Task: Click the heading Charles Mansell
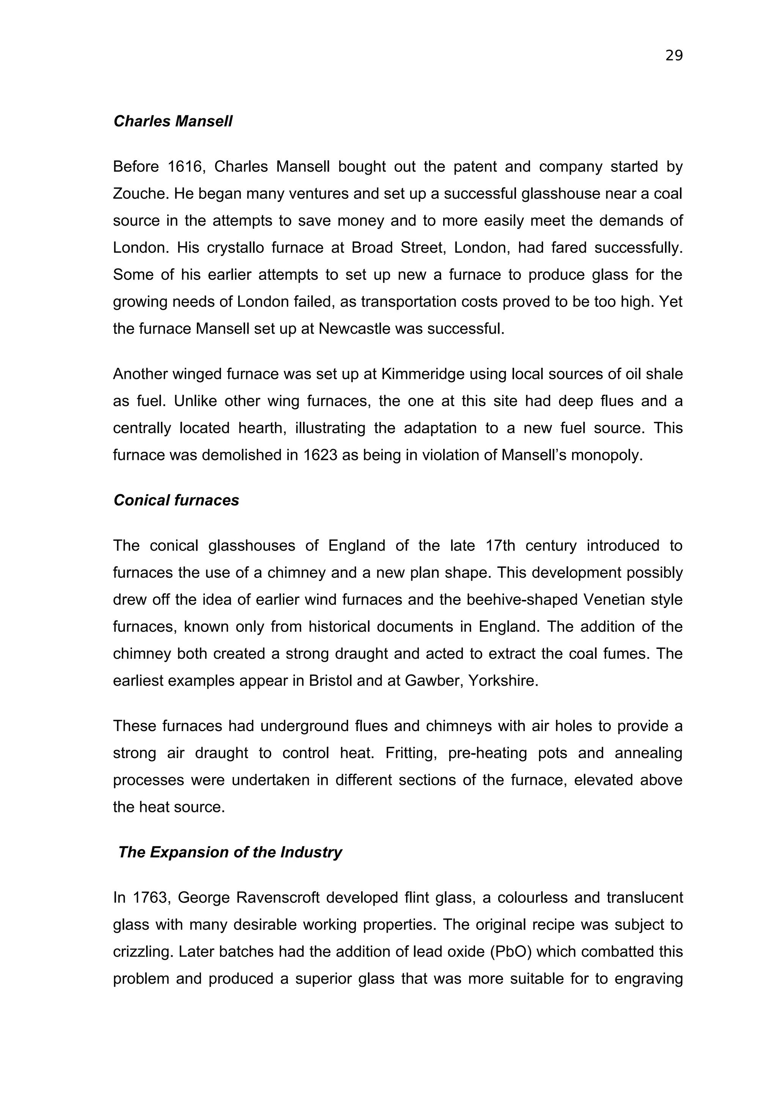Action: coord(173,122)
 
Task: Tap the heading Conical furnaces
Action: coord(176,500)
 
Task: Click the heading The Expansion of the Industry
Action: coord(230,853)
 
